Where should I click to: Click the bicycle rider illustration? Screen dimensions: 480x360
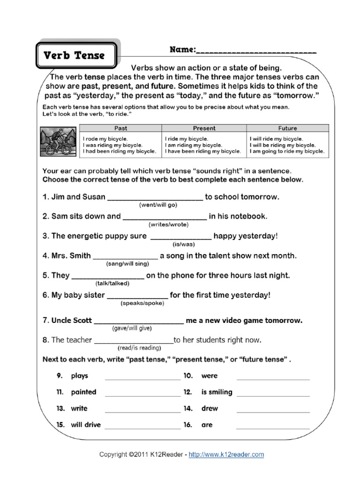tap(57, 141)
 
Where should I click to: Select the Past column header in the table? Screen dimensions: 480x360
tap(120, 128)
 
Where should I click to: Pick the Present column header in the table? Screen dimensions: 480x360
tap(204, 128)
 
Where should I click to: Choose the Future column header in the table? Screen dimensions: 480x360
tap(287, 128)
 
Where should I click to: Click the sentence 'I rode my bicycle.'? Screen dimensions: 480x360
tap(105, 139)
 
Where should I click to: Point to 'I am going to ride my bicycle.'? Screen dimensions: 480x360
tap(286, 151)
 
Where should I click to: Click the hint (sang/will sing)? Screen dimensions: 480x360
tap(127, 264)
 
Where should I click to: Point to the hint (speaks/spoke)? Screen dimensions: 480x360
tap(141, 304)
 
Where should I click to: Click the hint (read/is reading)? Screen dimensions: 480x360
tap(139, 348)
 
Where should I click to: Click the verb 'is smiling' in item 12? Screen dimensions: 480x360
tap(217, 392)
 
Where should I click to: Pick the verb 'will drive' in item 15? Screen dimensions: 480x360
tap(85, 425)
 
